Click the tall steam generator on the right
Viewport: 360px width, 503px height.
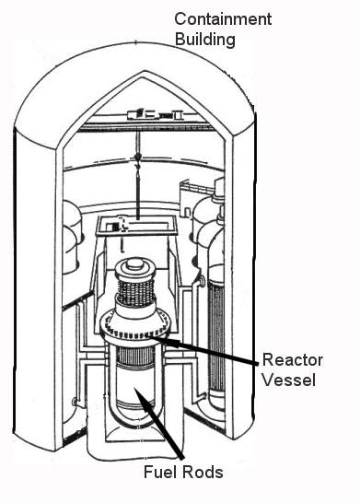pos(218,304)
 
